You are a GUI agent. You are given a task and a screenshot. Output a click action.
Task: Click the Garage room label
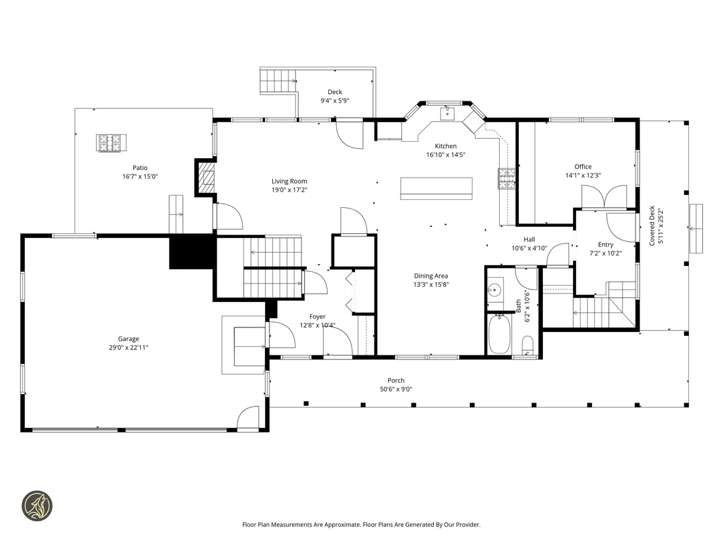click(128, 339)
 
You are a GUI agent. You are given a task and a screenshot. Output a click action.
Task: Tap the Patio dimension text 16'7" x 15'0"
click(140, 176)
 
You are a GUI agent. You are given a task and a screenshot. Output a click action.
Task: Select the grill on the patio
click(111, 143)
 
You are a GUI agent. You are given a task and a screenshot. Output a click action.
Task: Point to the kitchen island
click(436, 188)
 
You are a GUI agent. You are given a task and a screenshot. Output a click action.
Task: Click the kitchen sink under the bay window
click(447, 113)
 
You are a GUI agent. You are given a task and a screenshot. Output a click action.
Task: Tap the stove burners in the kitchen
click(506, 179)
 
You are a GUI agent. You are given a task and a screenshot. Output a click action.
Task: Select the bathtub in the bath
click(499, 334)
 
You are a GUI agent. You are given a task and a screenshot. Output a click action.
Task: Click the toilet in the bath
click(528, 345)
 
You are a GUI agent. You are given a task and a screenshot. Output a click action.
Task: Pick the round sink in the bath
click(495, 290)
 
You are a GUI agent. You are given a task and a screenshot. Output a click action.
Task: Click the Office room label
click(583, 167)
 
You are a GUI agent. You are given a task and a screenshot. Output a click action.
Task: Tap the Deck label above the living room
click(335, 92)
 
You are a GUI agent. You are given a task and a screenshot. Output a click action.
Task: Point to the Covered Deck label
click(652, 225)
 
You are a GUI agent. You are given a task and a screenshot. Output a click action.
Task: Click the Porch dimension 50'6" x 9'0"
click(396, 389)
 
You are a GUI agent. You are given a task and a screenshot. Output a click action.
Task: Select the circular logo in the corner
click(37, 506)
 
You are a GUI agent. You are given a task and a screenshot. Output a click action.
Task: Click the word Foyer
click(317, 317)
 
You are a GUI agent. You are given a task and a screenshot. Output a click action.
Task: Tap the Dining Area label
click(431, 276)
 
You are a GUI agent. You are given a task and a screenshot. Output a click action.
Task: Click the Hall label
click(529, 240)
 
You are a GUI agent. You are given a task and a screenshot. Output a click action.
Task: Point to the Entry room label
click(606, 245)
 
